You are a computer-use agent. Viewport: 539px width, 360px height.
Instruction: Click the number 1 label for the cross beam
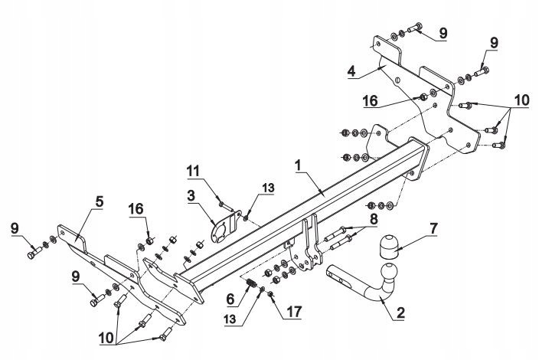296,165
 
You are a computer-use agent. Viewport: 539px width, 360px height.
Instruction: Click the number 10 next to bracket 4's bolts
521,101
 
